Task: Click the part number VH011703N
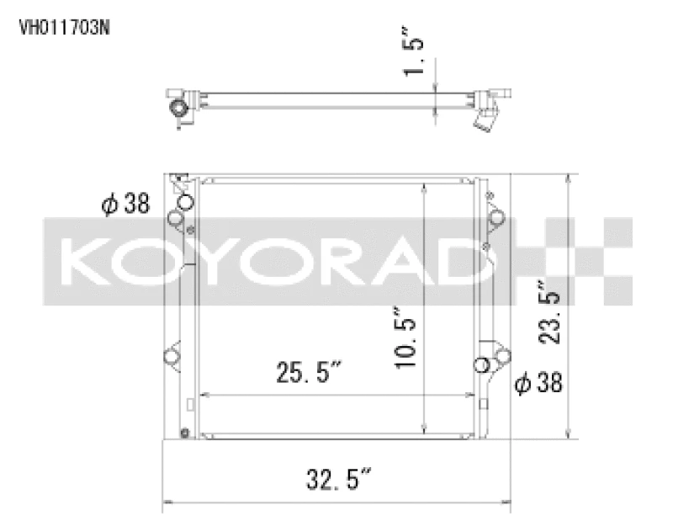[x=63, y=26]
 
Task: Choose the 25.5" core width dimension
[x=308, y=371]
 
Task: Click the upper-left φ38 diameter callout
[x=125, y=204]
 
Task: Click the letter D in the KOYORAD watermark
[x=471, y=261]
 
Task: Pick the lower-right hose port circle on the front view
[x=482, y=364]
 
